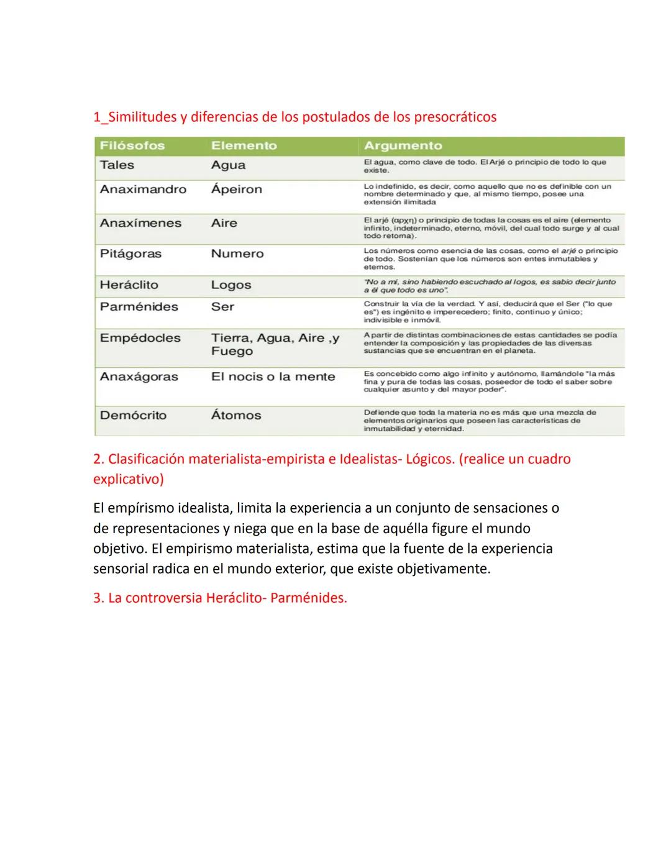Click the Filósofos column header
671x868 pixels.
click(132, 146)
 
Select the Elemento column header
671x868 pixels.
click(244, 146)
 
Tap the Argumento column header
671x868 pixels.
click(403, 146)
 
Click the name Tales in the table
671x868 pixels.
click(117, 165)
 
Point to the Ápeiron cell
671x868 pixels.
click(236, 190)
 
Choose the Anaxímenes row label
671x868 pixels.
click(140, 223)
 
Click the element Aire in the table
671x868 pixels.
click(224, 223)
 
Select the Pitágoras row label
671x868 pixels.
click(130, 254)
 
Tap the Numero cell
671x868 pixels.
click(237, 254)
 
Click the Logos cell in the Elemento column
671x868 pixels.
click(231, 285)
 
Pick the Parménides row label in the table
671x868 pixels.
click(139, 307)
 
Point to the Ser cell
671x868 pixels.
click(222, 307)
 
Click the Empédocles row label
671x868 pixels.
click(140, 338)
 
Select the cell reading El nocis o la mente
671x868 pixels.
click(273, 377)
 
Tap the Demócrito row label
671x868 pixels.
click(133, 416)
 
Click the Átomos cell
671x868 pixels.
click(235, 416)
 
